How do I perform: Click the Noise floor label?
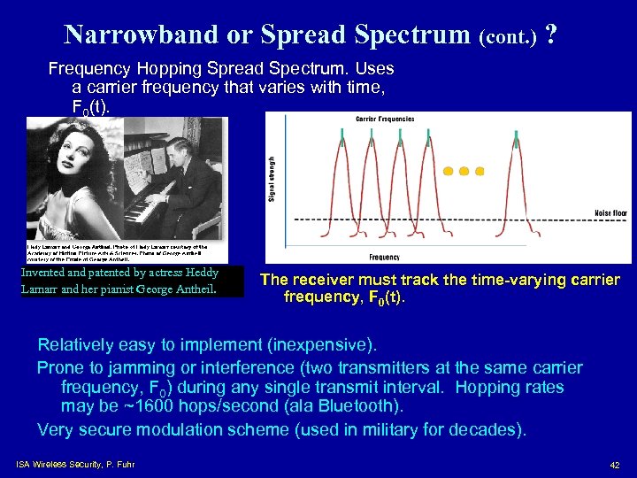(611, 213)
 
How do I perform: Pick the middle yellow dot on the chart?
(464, 171)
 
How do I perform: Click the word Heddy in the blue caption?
(203, 274)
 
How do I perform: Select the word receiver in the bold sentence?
(327, 280)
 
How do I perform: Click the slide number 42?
(614, 466)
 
